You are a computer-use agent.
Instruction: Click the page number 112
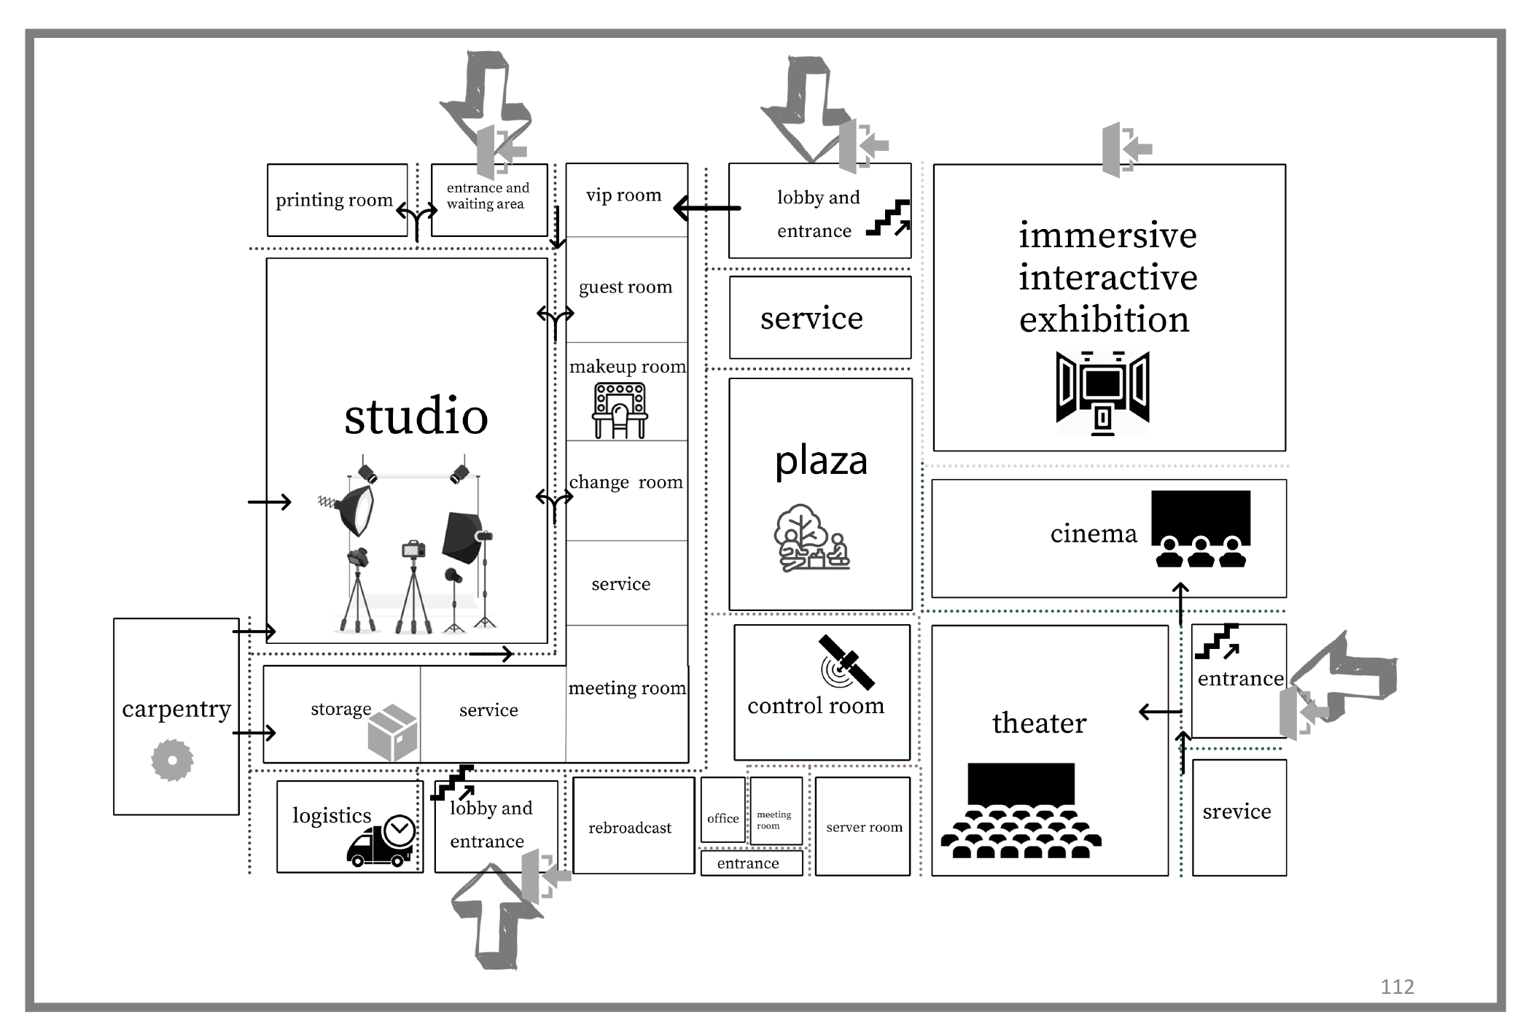pos(1396,987)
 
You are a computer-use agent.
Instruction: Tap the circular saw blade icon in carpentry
pos(172,760)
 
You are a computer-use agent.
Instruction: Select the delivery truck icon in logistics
pos(381,843)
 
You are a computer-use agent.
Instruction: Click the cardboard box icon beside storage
pos(393,733)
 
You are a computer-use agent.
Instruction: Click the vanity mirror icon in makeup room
pos(620,411)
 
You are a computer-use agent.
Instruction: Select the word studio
pos(416,416)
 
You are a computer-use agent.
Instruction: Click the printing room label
pos(334,200)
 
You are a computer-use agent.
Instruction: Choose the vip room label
pos(623,195)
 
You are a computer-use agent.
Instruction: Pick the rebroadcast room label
pos(630,828)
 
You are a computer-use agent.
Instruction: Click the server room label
pos(864,827)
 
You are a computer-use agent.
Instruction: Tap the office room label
pos(722,818)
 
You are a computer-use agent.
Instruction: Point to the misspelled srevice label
pos(1236,811)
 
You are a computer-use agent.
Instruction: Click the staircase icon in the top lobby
pos(888,218)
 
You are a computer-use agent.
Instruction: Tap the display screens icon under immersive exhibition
pos(1102,392)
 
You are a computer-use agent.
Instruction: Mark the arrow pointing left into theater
pos(1160,712)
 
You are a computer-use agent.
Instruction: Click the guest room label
pos(626,287)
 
